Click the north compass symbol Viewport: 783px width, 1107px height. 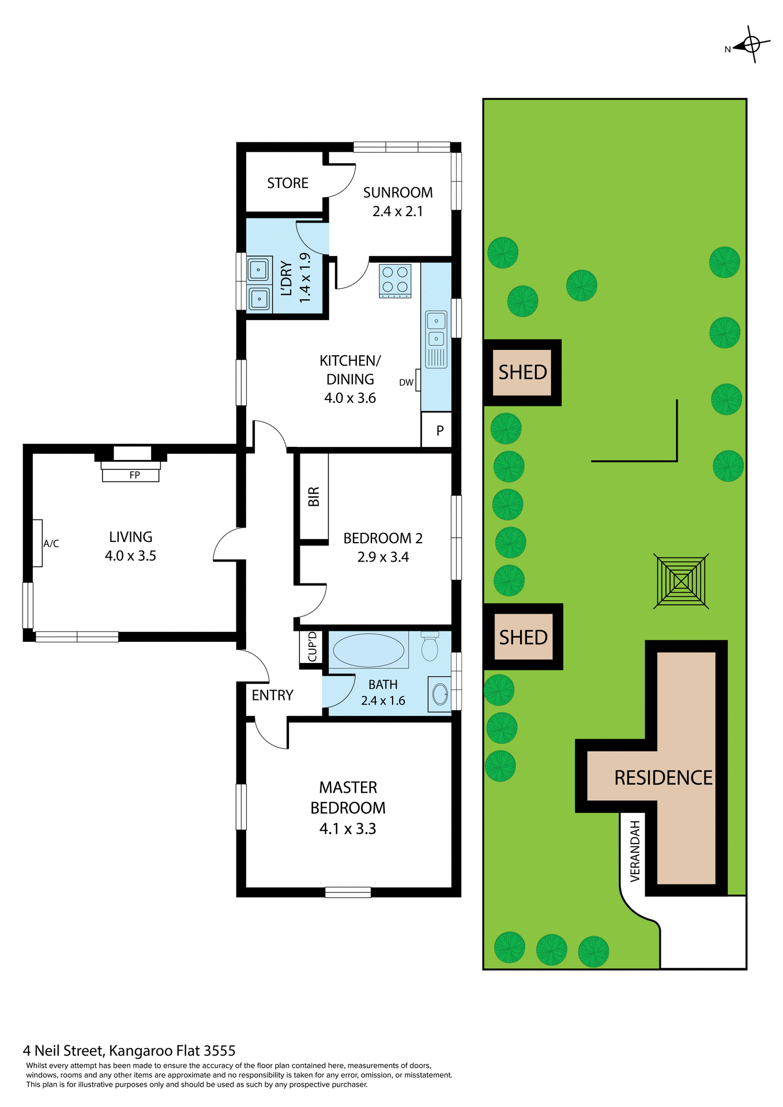point(750,44)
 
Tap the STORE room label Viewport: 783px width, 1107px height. point(288,183)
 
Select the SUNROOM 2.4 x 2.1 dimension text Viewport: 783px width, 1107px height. point(398,212)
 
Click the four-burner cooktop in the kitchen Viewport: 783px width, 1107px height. point(395,280)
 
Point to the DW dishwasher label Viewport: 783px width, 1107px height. point(406,382)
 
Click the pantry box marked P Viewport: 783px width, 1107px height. point(440,430)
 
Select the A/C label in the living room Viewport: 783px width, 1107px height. point(51,544)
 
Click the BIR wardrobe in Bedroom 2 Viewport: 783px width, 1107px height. point(314,496)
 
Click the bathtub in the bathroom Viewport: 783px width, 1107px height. point(368,650)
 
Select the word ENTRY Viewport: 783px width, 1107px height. point(273,695)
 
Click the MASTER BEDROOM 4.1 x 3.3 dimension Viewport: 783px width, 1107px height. point(348,829)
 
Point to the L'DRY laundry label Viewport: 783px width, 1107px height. point(287,278)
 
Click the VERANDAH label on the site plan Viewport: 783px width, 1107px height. point(635,851)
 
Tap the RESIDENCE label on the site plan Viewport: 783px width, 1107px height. point(663,778)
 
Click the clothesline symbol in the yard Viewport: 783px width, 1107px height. point(681,581)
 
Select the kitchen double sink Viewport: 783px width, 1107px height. point(436,329)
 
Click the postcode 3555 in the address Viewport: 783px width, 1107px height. point(220,1050)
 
